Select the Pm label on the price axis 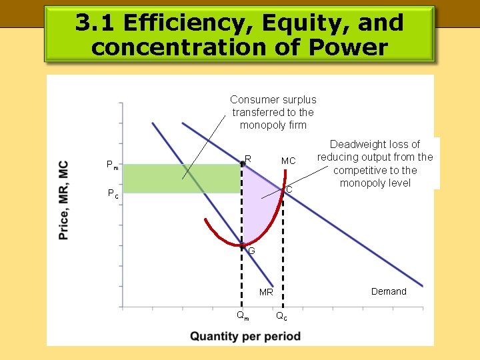(113, 165)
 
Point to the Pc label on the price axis (113, 194)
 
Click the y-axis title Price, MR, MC (63, 200)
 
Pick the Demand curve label (389, 291)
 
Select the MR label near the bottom (266, 292)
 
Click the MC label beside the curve (288, 161)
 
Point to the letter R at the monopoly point (247, 159)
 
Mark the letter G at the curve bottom (251, 251)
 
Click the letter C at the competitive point (289, 190)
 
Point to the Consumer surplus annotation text (273, 112)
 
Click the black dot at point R (242, 163)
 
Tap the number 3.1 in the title (93, 23)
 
